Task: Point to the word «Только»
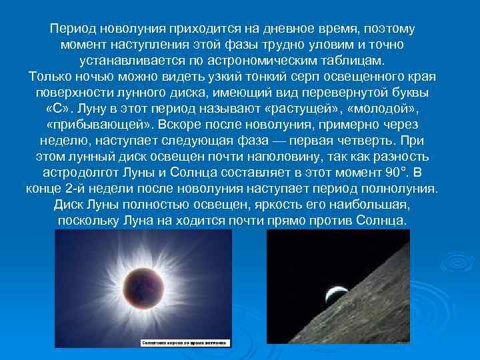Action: pos(51,75)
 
